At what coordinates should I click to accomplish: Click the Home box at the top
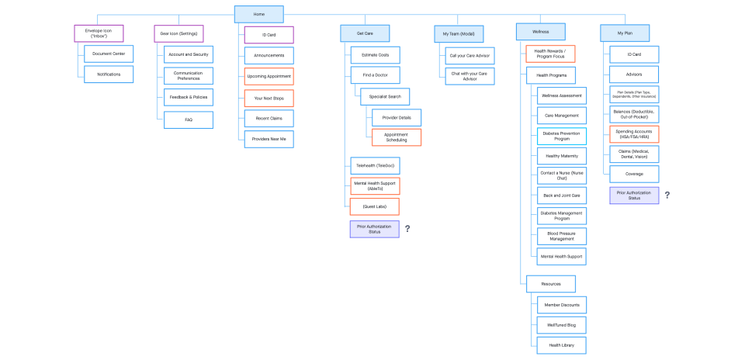(259, 14)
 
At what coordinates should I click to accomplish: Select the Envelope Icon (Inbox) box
(99, 33)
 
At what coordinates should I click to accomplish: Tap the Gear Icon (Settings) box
(179, 33)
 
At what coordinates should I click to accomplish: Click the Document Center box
(109, 54)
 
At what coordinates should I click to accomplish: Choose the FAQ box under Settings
(189, 119)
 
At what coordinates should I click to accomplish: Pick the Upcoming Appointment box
(269, 77)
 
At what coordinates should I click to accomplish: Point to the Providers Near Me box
(269, 140)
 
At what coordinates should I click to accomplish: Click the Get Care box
(364, 33)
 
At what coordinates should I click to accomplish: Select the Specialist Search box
(385, 97)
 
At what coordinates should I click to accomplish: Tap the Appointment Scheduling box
(396, 137)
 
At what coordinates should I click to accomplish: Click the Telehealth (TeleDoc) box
(375, 166)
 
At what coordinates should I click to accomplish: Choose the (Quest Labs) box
(375, 206)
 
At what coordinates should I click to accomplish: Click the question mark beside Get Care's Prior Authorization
(407, 229)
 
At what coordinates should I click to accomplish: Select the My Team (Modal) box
(459, 33)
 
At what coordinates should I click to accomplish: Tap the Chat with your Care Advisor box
(470, 76)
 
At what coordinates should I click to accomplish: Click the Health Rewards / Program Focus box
(551, 54)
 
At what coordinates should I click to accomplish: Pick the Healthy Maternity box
(563, 155)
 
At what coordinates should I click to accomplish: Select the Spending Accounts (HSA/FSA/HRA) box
(634, 134)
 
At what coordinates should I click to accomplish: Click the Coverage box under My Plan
(634, 174)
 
